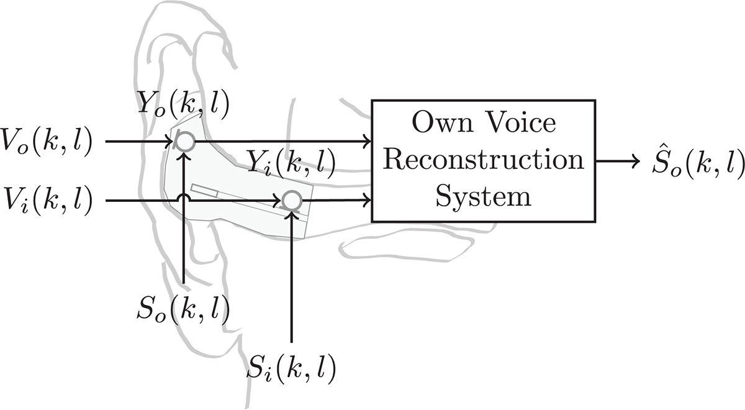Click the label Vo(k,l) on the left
(47, 142)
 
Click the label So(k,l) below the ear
(184, 307)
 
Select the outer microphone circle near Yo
(184, 142)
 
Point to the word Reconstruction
(482, 160)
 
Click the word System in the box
(482, 197)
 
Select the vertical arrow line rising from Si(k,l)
(291, 280)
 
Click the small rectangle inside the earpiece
(203, 190)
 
